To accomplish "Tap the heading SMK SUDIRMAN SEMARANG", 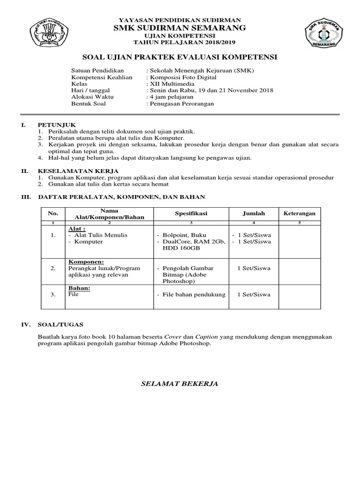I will coord(180,28).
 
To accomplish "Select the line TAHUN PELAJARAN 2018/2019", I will coord(180,42).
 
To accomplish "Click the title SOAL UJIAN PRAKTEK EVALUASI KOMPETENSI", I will coord(180,57).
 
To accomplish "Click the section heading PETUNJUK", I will coord(52,125).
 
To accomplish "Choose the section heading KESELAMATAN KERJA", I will coord(78,171).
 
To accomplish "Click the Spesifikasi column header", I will coord(191,213).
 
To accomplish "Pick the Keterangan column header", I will coord(300,213).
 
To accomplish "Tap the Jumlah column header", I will coord(254,213).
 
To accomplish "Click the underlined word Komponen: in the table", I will coord(86,262).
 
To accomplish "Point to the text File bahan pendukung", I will coord(194,294).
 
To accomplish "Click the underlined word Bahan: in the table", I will coord(79,288).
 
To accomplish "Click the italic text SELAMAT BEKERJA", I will coord(180,384).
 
